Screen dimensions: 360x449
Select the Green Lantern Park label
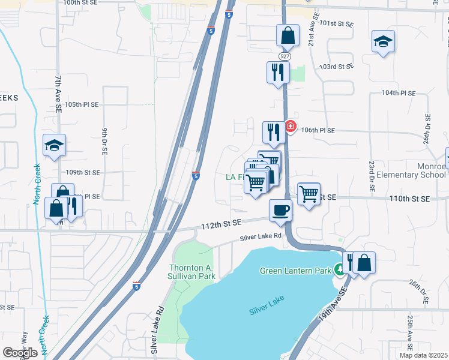point(295,271)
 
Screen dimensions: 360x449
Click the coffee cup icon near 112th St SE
point(280,211)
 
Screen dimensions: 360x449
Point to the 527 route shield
point(285,56)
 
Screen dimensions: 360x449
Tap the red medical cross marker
point(291,126)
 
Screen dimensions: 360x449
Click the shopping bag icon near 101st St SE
point(288,35)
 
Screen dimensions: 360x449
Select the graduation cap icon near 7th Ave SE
point(54,145)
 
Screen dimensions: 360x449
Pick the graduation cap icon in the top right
point(383,42)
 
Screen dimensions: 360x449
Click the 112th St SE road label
point(221,223)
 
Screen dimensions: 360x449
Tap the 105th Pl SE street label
point(81,104)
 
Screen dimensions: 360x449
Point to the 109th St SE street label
point(83,172)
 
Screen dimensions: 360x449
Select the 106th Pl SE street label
point(318,130)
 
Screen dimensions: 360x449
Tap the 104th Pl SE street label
point(399,94)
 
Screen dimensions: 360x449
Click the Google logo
point(20,353)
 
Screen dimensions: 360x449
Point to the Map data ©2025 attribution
point(423,355)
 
